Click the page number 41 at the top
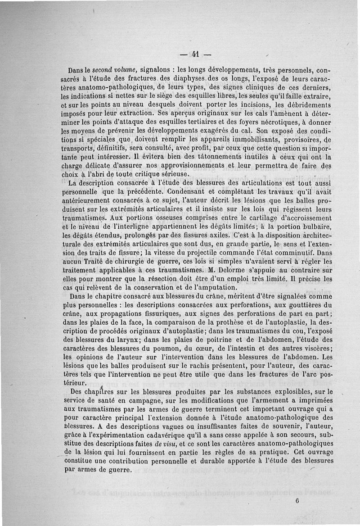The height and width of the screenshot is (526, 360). point(195,54)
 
